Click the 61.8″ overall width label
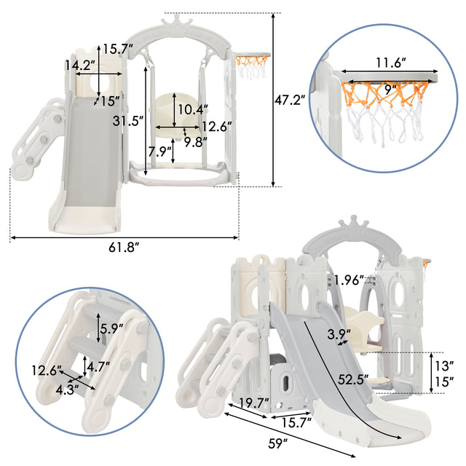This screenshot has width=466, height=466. tap(124, 248)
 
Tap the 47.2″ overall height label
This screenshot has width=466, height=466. tap(290, 100)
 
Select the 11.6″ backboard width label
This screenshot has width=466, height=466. tap(391, 63)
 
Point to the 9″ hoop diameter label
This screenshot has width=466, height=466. tap(390, 90)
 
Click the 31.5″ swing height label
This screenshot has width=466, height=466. tap(128, 121)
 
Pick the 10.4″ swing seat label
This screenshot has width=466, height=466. tap(193, 110)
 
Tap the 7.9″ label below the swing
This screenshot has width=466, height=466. tap(160, 152)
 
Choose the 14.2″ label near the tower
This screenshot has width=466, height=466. tap(80, 65)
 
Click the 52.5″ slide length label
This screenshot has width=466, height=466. tap(353, 379)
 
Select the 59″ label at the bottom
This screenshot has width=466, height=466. tap(278, 443)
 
